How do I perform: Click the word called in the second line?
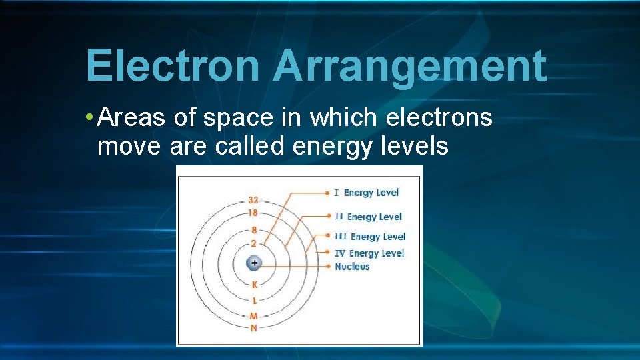click(x=250, y=146)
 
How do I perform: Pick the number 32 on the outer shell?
click(x=253, y=200)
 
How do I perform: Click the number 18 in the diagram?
click(x=253, y=213)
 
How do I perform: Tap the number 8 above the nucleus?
click(x=254, y=231)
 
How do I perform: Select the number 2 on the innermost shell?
click(x=254, y=243)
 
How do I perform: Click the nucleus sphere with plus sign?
click(x=254, y=263)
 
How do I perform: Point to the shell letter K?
click(x=254, y=285)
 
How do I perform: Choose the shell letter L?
click(x=254, y=301)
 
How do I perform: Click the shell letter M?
click(x=254, y=317)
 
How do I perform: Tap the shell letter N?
click(x=254, y=328)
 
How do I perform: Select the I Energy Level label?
click(x=367, y=193)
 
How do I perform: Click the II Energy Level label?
click(x=368, y=217)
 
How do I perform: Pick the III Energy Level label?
click(x=370, y=237)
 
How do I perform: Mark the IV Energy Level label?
click(x=369, y=253)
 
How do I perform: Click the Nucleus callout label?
click(x=352, y=267)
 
